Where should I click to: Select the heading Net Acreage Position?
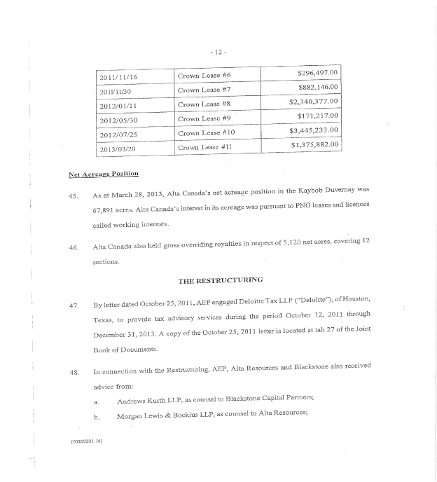pos(103,173)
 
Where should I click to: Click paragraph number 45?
pos(73,195)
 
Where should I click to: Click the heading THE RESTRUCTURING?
pos(220,280)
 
